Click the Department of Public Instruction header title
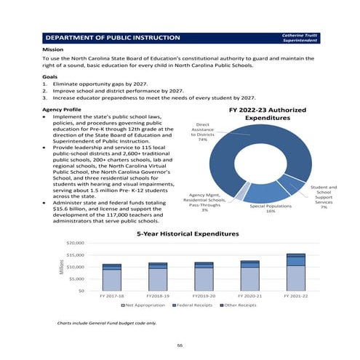coord(113,36)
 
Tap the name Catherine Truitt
coord(299,33)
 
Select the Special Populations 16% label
coord(271,209)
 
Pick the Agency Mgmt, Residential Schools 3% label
coord(205,202)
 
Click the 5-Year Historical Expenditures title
coord(187,234)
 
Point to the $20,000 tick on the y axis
coord(76,244)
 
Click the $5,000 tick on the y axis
coord(77,279)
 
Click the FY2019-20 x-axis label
coord(204,297)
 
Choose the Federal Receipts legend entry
coord(191,306)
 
